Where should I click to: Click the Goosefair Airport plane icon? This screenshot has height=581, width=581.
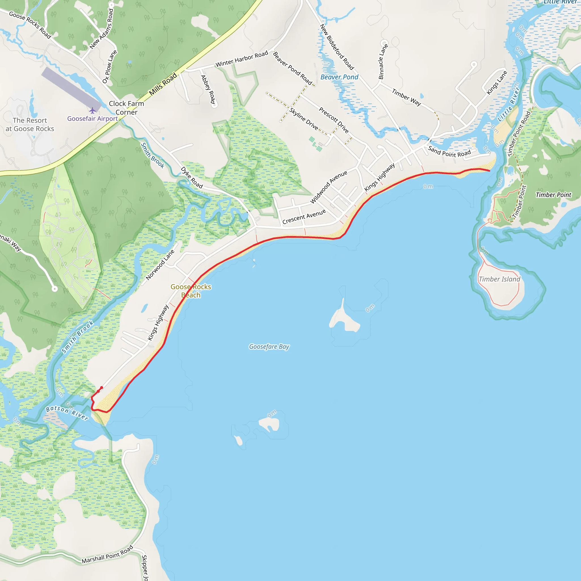pos(92,110)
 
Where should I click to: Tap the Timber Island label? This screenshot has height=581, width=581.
pos(499,279)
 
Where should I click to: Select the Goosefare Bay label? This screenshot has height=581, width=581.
pos(269,347)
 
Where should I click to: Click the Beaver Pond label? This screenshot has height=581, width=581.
pos(339,77)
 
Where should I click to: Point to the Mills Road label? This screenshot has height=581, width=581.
pos(163,84)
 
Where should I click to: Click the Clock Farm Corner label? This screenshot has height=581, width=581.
pos(126,108)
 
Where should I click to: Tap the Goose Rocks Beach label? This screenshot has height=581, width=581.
pos(191,291)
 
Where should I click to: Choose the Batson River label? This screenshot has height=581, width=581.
pos(67,412)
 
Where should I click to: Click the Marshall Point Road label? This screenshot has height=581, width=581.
pos(107,554)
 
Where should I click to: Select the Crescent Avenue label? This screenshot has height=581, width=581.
pos(304,216)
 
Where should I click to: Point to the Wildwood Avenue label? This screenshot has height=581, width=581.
pos(329,187)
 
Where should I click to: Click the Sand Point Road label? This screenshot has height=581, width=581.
pos(449,151)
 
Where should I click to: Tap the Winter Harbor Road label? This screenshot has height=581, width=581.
pos(241,59)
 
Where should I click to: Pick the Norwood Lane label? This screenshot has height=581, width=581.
pos(160,265)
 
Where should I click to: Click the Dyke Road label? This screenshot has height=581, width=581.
pos(191,177)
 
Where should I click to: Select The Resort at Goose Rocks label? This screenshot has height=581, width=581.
pos(30,125)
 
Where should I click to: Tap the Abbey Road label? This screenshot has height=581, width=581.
pos(208,89)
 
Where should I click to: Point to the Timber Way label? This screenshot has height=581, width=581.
pos(406,97)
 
